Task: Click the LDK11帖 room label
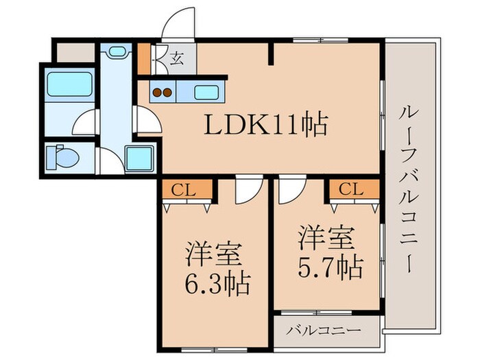click(x=265, y=125)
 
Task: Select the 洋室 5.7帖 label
click(x=328, y=252)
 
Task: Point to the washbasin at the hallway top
click(x=117, y=52)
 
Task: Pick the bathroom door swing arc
click(x=84, y=123)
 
